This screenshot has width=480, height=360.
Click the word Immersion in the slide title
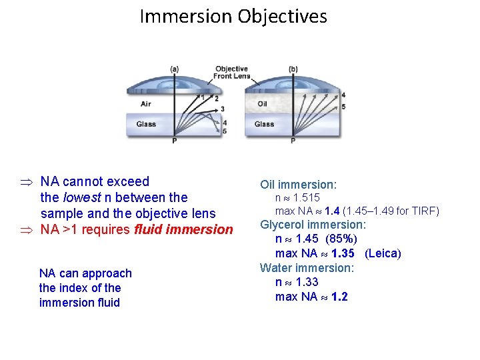pyautogui.click(x=184, y=16)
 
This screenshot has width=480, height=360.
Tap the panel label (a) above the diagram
pyautogui.click(x=175, y=69)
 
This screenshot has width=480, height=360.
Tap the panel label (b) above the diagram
pyautogui.click(x=293, y=69)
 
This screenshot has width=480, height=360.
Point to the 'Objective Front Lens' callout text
pyautogui.click(x=231, y=73)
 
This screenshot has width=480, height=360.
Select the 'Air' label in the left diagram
pyautogui.click(x=145, y=104)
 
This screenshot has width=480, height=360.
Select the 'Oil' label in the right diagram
pyautogui.click(x=262, y=104)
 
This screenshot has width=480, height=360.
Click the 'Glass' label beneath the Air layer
pyautogui.click(x=147, y=124)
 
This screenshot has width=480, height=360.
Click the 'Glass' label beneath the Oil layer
pyautogui.click(x=264, y=124)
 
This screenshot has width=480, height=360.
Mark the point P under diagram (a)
pyautogui.click(x=175, y=141)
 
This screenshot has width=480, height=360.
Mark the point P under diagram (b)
pyautogui.click(x=293, y=141)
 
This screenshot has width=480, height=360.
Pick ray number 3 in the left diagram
pyautogui.click(x=222, y=109)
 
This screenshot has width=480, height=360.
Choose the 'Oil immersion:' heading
pyautogui.click(x=298, y=184)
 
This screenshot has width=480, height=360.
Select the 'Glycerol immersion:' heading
pyautogui.click(x=313, y=225)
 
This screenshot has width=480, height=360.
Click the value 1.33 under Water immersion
pyautogui.click(x=307, y=282)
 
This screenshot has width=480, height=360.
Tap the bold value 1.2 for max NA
pyautogui.click(x=339, y=297)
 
